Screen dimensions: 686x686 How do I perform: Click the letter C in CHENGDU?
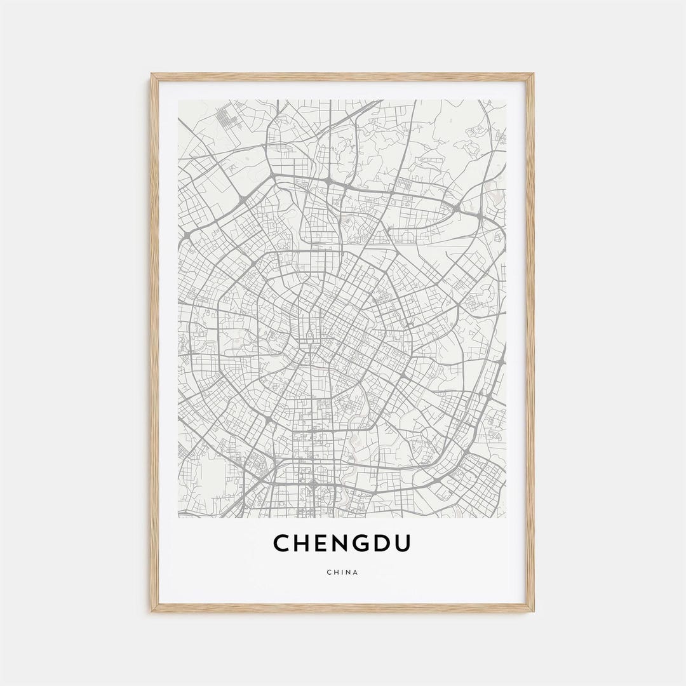click(x=283, y=543)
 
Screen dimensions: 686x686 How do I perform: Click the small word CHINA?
click(x=342, y=572)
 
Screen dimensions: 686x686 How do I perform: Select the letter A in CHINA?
click(x=356, y=572)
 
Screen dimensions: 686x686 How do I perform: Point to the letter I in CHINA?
click(x=342, y=572)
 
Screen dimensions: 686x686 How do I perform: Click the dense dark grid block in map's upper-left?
click(x=225, y=118)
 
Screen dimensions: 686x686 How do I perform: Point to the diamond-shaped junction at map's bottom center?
click(x=313, y=486)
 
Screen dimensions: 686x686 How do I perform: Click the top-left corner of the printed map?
click(x=178, y=100)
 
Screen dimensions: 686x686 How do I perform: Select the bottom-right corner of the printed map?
click(x=506, y=517)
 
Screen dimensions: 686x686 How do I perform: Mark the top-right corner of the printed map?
click(x=506, y=100)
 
